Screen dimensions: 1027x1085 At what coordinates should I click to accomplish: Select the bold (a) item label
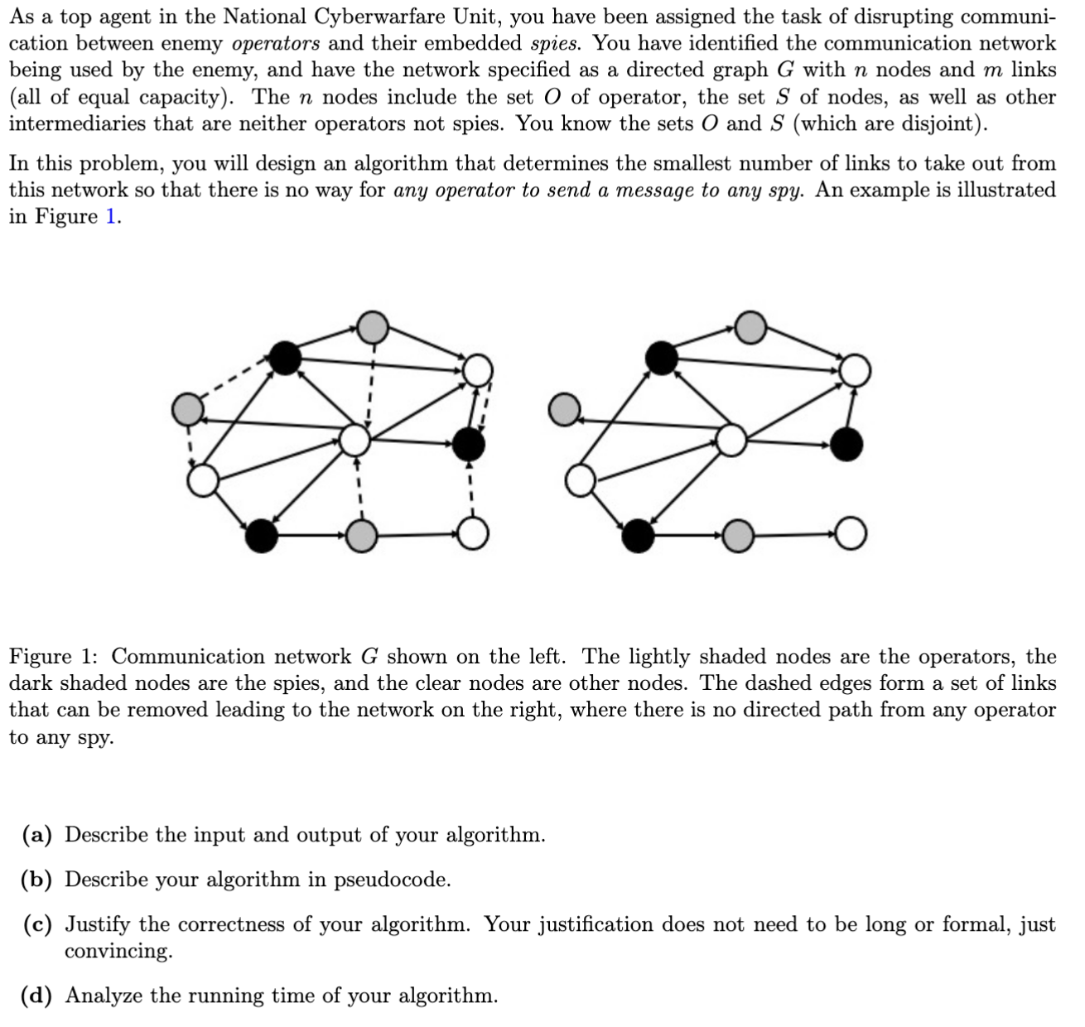coord(37,835)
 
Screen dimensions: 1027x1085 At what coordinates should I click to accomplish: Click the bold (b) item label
coord(37,880)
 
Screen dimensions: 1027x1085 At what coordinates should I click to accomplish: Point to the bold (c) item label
coord(37,924)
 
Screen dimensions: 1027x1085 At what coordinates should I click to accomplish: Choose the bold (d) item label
coord(37,996)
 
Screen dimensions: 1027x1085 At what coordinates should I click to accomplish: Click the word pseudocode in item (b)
coord(392,880)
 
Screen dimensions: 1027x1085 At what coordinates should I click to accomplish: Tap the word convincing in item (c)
coord(118,951)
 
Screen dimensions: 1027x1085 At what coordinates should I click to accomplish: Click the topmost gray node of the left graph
coord(372,327)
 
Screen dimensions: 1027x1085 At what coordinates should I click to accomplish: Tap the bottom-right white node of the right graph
coord(851,534)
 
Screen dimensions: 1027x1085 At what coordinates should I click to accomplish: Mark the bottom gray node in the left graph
coord(360,536)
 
